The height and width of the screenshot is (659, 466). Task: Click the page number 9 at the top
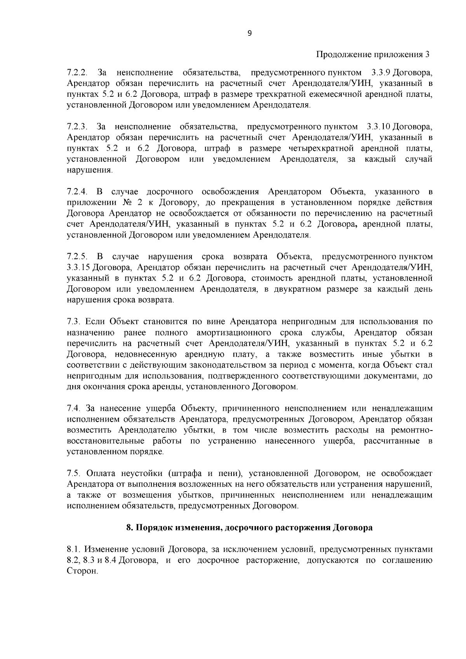click(x=249, y=33)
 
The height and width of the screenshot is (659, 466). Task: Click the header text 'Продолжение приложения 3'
click(x=372, y=54)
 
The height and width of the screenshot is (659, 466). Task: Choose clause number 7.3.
click(x=73, y=322)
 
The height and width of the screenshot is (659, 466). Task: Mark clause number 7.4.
click(x=73, y=408)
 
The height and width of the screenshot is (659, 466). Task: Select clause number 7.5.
click(x=73, y=473)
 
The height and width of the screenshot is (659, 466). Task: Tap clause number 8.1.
click(x=73, y=549)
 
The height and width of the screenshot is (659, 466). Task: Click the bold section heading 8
click(x=249, y=528)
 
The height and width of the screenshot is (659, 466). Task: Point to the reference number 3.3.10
click(x=379, y=127)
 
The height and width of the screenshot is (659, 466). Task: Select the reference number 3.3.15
click(x=79, y=268)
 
